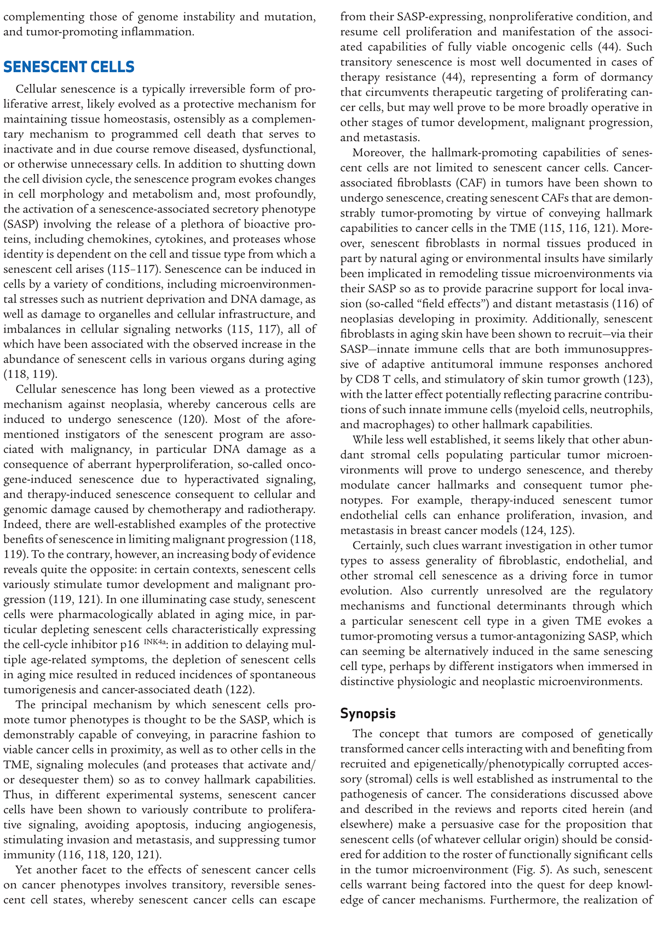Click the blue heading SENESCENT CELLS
[68, 67]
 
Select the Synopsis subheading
[367, 713]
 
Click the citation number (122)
[239, 689]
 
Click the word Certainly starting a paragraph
[378, 545]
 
